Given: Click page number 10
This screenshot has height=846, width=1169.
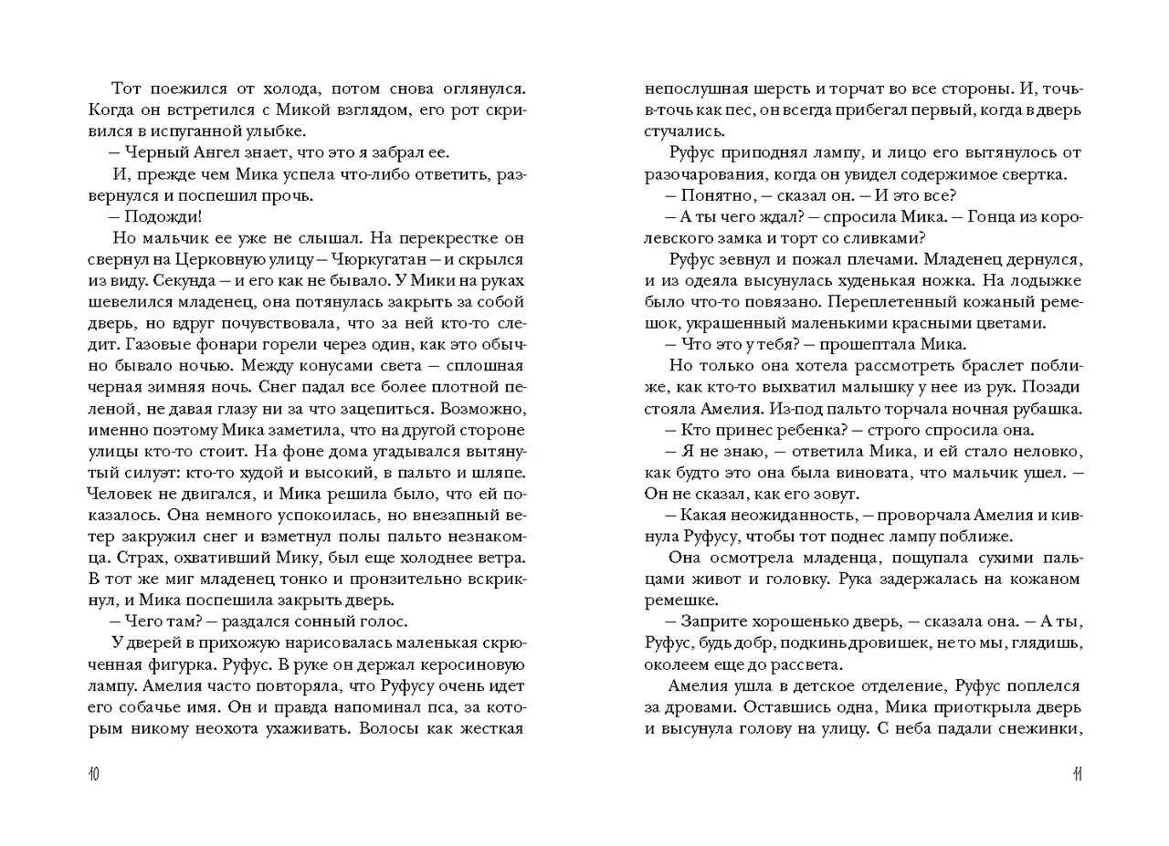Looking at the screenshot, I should pyautogui.click(x=93, y=775).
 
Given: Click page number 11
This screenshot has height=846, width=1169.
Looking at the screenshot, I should pyautogui.click(x=1077, y=775).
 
